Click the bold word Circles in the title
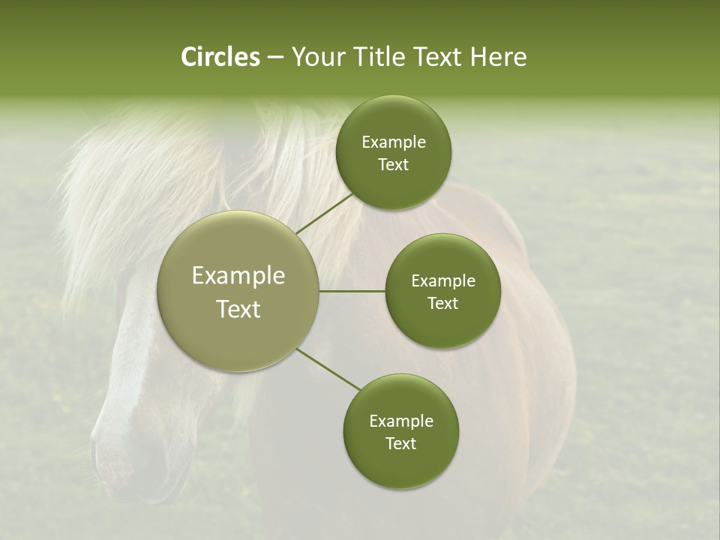point(220,57)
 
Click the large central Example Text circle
point(238,291)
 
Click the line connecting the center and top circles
point(324,214)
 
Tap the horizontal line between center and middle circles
point(352,291)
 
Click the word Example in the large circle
point(238,275)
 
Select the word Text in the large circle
point(238,308)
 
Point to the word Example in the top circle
point(394,142)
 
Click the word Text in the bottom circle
point(401,443)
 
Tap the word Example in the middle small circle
point(443,280)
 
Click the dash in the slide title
point(274,57)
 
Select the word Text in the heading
point(436,57)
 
